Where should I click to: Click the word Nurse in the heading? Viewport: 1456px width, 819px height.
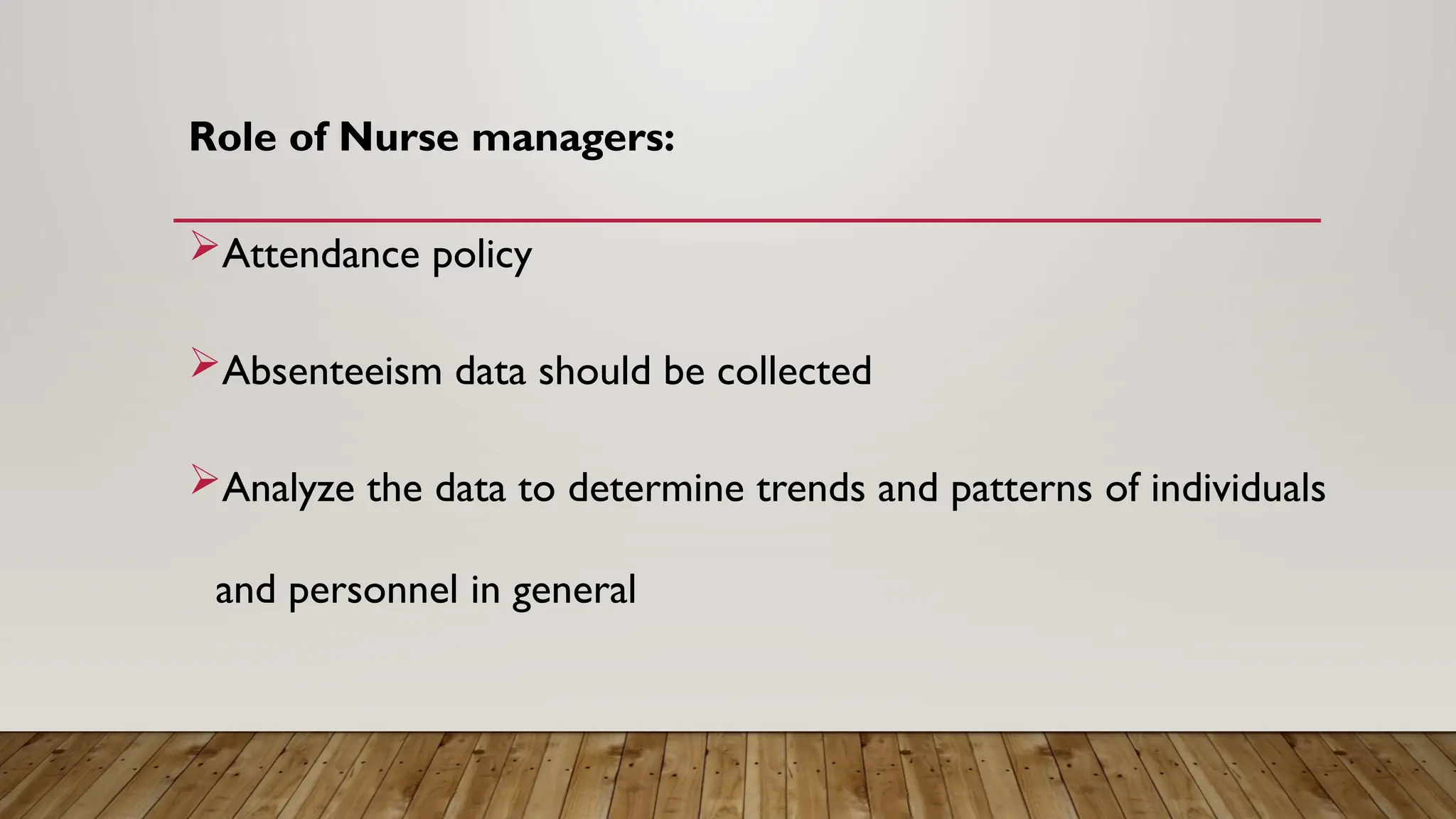click(398, 136)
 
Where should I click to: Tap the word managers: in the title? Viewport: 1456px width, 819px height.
click(572, 138)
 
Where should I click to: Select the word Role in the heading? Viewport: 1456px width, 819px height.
click(232, 136)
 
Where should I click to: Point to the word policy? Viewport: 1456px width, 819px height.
click(481, 256)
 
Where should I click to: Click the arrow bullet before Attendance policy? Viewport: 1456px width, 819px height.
click(203, 247)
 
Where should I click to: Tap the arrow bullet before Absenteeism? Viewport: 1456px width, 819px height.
click(203, 363)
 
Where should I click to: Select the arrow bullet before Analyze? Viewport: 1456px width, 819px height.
click(203, 480)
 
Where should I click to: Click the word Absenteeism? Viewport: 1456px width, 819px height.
click(332, 371)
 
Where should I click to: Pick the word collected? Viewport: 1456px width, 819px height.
click(794, 371)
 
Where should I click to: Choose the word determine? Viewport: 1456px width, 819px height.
click(655, 488)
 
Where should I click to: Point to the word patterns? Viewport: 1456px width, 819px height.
click(1020, 489)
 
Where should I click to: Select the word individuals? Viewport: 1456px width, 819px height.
click(1238, 488)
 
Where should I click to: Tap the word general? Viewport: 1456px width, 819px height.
click(574, 591)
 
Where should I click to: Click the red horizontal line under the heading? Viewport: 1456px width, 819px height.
click(746, 220)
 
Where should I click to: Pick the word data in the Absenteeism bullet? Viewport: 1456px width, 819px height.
click(489, 371)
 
